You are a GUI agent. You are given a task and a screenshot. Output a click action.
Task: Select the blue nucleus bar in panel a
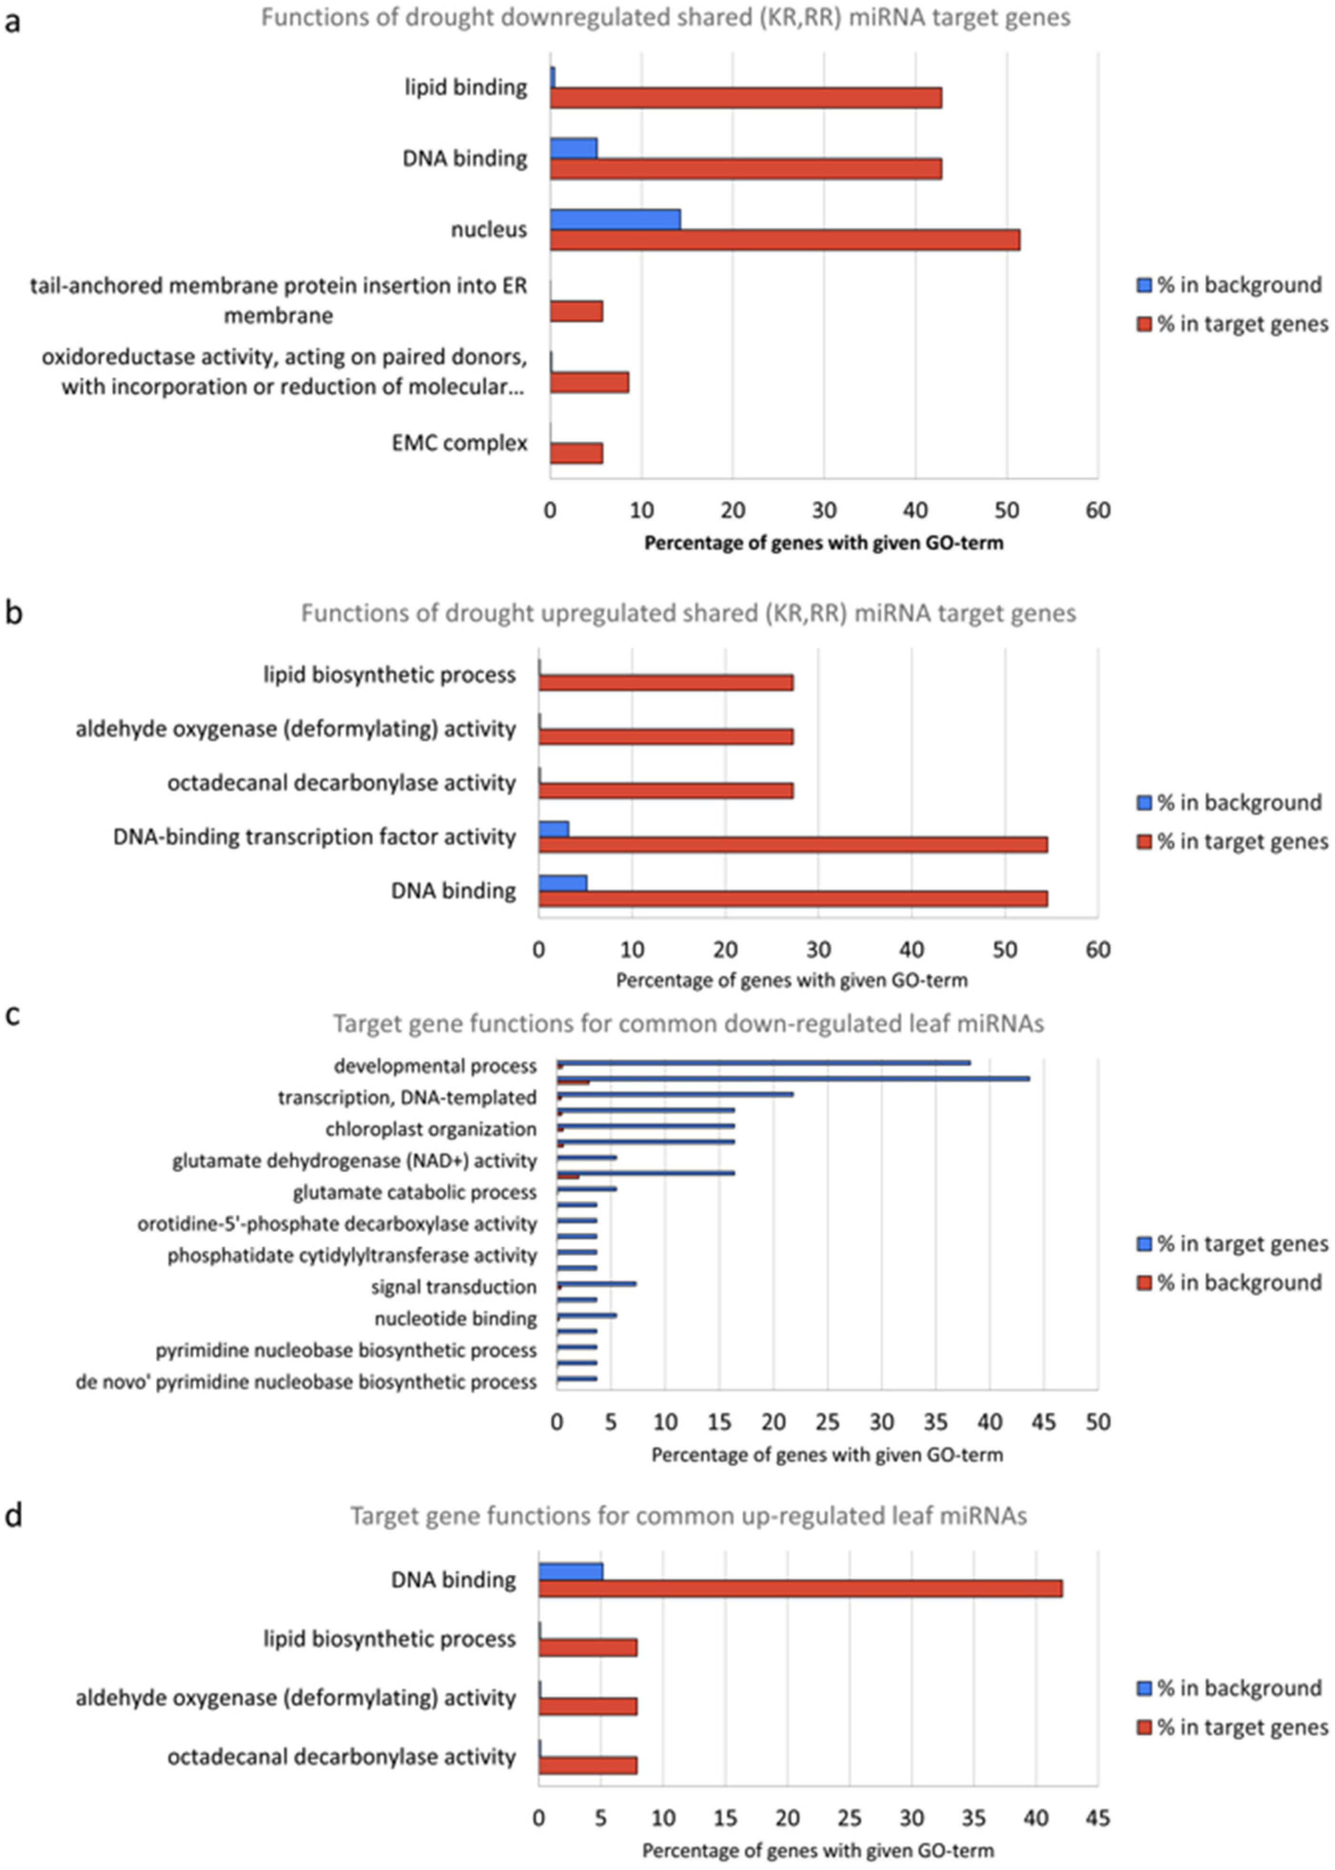(x=615, y=220)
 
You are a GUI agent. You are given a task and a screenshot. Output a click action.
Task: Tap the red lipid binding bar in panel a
(x=746, y=98)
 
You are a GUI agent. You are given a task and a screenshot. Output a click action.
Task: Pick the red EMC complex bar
(x=576, y=453)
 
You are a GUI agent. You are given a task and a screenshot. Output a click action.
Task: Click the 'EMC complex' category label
(x=459, y=443)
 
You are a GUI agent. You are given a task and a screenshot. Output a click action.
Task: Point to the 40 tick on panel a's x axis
(x=916, y=511)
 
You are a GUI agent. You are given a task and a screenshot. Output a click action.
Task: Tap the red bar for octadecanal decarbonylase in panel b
(x=666, y=791)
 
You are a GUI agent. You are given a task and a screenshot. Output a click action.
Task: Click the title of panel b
(x=688, y=614)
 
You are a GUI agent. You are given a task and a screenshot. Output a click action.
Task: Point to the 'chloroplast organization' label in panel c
(x=431, y=1129)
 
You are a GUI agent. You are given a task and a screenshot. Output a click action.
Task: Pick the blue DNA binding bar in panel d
(x=571, y=1571)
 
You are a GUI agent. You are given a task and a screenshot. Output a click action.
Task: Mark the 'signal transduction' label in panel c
(x=454, y=1287)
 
